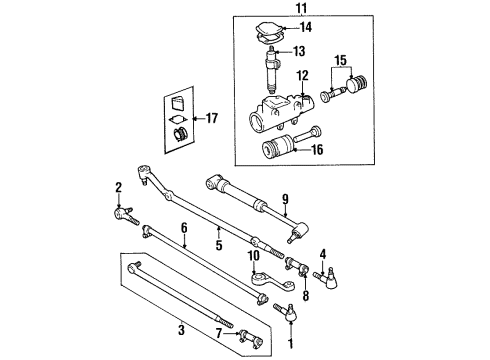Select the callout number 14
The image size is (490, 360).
(307, 28)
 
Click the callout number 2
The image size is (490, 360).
(118, 186)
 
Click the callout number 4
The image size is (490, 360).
(323, 253)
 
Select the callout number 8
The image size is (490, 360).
(307, 296)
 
